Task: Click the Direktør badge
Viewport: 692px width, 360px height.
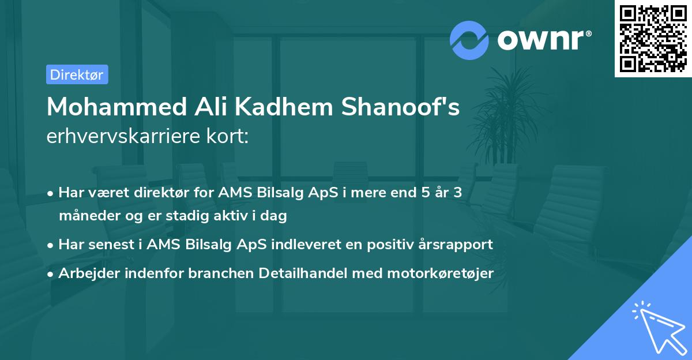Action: click(77, 74)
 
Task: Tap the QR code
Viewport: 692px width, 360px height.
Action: click(652, 39)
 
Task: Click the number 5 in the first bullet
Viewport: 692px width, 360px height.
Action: click(419, 193)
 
